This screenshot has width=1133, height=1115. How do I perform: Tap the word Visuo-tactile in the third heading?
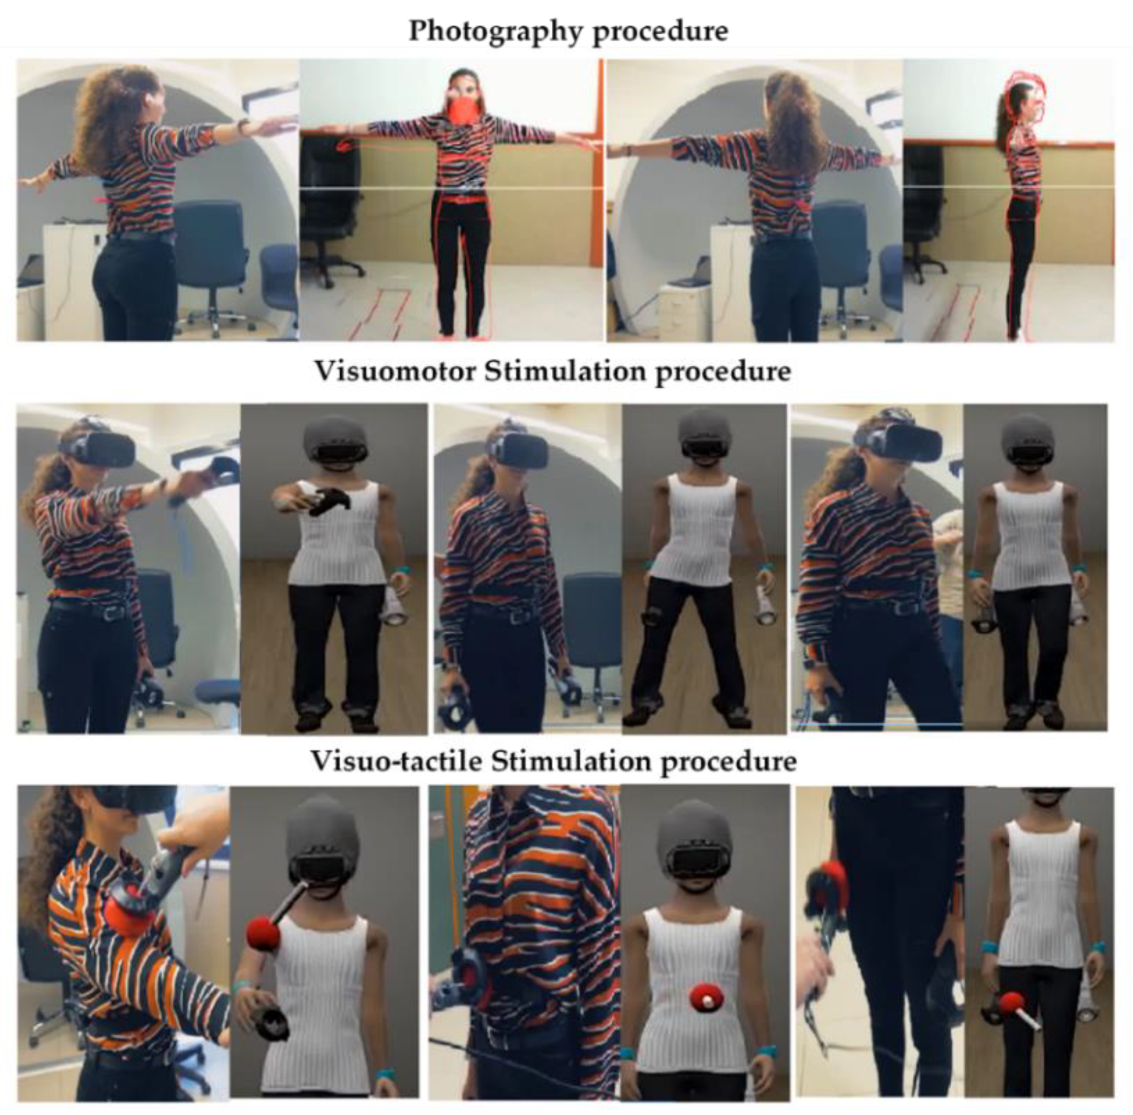pyautogui.click(x=396, y=761)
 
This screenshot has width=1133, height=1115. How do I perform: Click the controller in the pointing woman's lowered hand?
pyautogui.click(x=150, y=693)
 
